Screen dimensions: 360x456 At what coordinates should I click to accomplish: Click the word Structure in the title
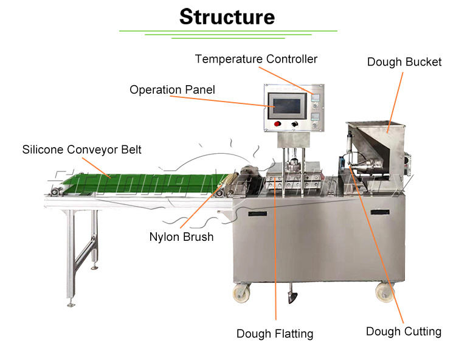tap(227, 16)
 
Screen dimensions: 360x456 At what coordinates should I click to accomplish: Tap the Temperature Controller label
tap(256, 59)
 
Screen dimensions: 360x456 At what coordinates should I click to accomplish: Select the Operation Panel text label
tap(172, 90)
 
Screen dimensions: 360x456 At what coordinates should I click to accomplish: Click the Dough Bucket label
tap(404, 62)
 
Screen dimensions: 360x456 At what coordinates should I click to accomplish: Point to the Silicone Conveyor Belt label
tap(81, 149)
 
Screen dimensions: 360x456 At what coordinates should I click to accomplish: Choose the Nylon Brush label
tap(181, 237)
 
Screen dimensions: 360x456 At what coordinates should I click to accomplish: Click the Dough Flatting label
tap(275, 333)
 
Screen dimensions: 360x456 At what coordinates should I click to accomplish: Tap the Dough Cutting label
tap(404, 331)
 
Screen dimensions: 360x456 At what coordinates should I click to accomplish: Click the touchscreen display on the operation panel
tap(288, 105)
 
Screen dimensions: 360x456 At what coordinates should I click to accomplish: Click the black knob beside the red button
tap(295, 124)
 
